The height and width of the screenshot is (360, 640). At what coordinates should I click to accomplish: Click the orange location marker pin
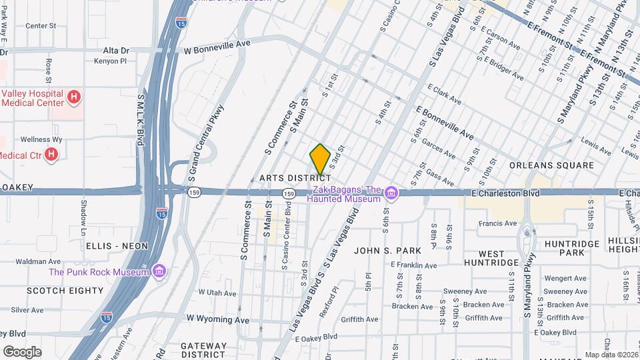tap(320, 159)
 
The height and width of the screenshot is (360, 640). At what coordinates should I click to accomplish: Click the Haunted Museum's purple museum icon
tap(391, 194)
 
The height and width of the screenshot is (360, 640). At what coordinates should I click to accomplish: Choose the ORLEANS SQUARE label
tap(551, 165)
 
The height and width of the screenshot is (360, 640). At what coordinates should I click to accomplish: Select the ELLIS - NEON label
tap(117, 246)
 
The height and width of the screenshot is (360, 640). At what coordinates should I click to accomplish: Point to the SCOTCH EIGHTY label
tap(65, 291)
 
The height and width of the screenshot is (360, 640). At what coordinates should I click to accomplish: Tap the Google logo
tap(21, 351)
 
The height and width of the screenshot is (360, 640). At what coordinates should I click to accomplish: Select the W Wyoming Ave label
tap(218, 319)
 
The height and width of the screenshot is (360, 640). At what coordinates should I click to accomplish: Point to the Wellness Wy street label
tap(41, 139)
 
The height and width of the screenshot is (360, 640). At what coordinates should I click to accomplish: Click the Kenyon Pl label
tap(110, 61)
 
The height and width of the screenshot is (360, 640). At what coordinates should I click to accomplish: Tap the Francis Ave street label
tap(497, 223)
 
